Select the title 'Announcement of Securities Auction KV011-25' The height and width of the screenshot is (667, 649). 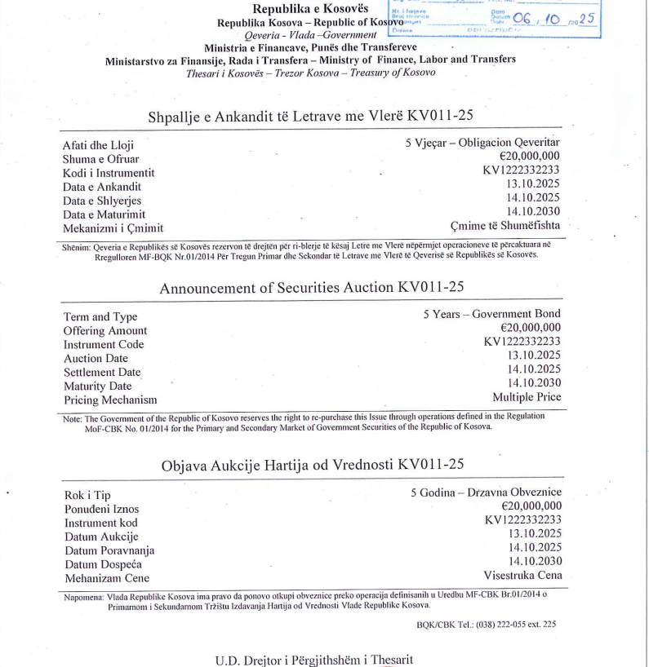point(313,289)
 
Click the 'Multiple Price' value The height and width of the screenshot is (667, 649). point(527,397)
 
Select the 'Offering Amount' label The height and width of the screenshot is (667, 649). point(105,331)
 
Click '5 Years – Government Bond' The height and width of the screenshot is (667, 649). point(491,314)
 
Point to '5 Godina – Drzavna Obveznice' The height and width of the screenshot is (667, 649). point(486,493)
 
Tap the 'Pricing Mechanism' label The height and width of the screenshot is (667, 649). point(110,400)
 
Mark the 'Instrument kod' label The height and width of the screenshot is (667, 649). point(101,523)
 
